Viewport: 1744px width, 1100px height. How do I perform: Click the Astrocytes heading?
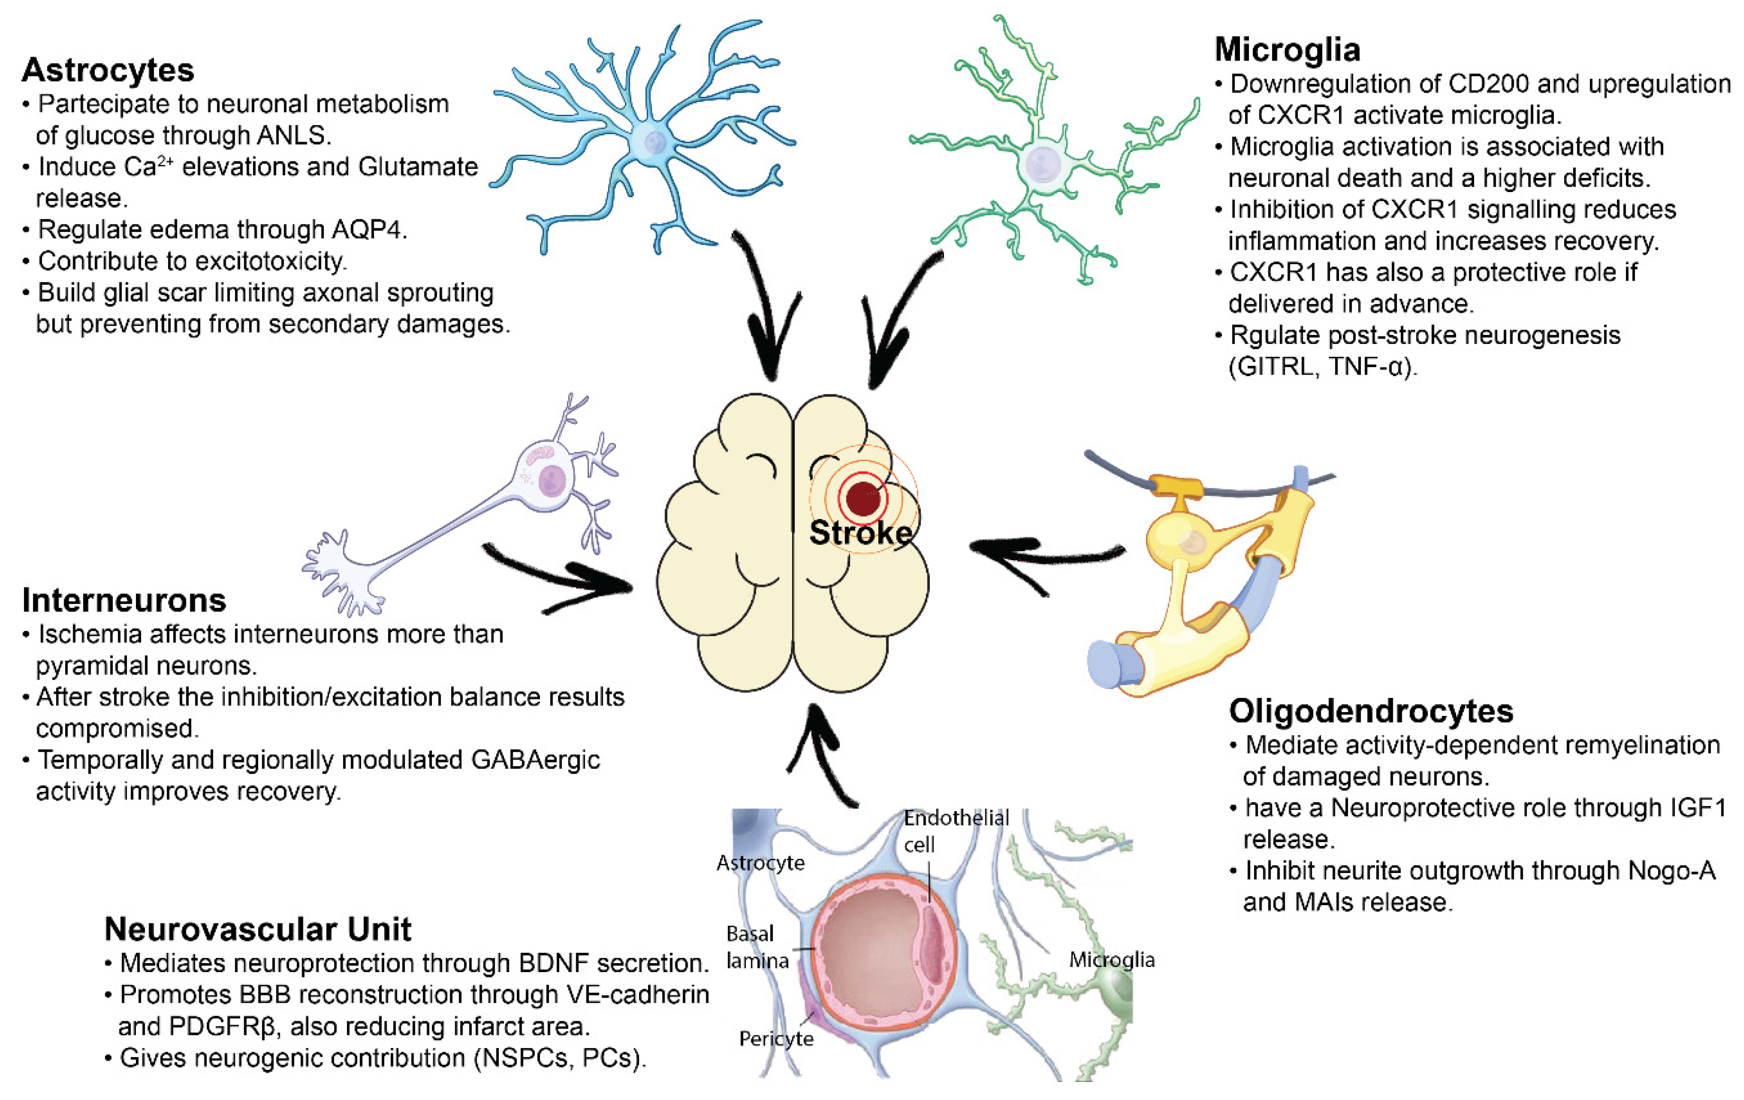[x=108, y=70]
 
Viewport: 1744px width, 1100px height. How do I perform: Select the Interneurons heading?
[x=124, y=600]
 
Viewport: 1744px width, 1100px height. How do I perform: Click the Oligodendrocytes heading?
[x=1371, y=711]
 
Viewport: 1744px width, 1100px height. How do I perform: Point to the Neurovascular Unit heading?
[x=257, y=929]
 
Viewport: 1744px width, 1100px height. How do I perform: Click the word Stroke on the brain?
[x=860, y=533]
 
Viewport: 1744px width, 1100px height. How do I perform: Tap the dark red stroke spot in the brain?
[x=863, y=498]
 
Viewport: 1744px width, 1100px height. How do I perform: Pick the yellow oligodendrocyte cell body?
[x=1188, y=542]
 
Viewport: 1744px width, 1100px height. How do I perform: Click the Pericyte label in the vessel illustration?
[x=775, y=1039]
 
